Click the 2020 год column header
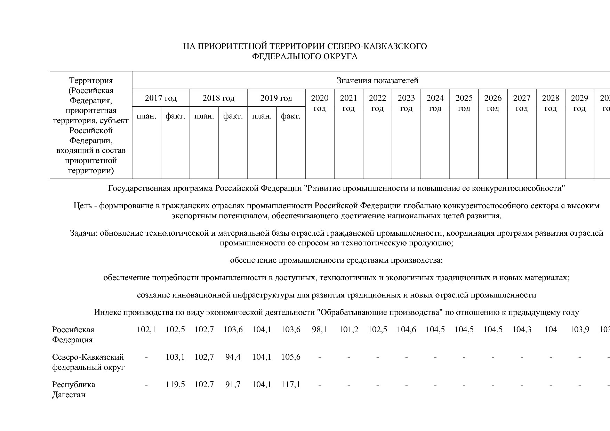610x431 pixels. (320, 103)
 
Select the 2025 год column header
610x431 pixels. (464, 103)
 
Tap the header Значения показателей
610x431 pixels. (377, 81)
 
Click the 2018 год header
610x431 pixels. (218, 98)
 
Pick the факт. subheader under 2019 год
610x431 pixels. (291, 116)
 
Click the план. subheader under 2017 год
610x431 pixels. (146, 116)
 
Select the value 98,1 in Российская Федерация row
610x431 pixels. (320, 330)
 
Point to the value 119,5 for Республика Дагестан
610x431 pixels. (175, 384)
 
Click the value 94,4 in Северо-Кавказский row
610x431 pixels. (233, 357)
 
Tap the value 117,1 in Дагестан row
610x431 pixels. (291, 384)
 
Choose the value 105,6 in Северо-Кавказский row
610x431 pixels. (291, 357)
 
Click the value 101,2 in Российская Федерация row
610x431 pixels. (348, 330)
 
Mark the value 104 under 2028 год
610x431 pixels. (551, 330)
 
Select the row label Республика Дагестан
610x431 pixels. (73, 390)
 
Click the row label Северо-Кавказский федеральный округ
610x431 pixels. (88, 362)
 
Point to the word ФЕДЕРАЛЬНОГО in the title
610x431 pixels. (282, 56)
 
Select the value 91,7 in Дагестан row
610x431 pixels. (233, 384)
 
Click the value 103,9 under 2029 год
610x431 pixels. (579, 330)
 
